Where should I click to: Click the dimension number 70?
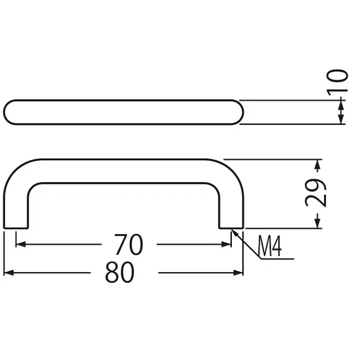pyautogui.click(x=129, y=244)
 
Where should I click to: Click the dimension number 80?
pyautogui.click(x=120, y=273)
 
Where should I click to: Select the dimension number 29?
pyautogui.click(x=315, y=193)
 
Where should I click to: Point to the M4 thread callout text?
pyautogui.click(x=270, y=246)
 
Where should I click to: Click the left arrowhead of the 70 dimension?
pyautogui.click(x=21, y=244)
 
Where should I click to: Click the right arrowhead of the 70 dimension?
pyautogui.click(x=226, y=244)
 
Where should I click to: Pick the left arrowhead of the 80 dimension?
pyautogui.click(x=9, y=273)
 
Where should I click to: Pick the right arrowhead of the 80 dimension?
pyautogui.click(x=238, y=273)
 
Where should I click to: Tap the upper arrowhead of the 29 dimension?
pyautogui.click(x=317, y=165)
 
